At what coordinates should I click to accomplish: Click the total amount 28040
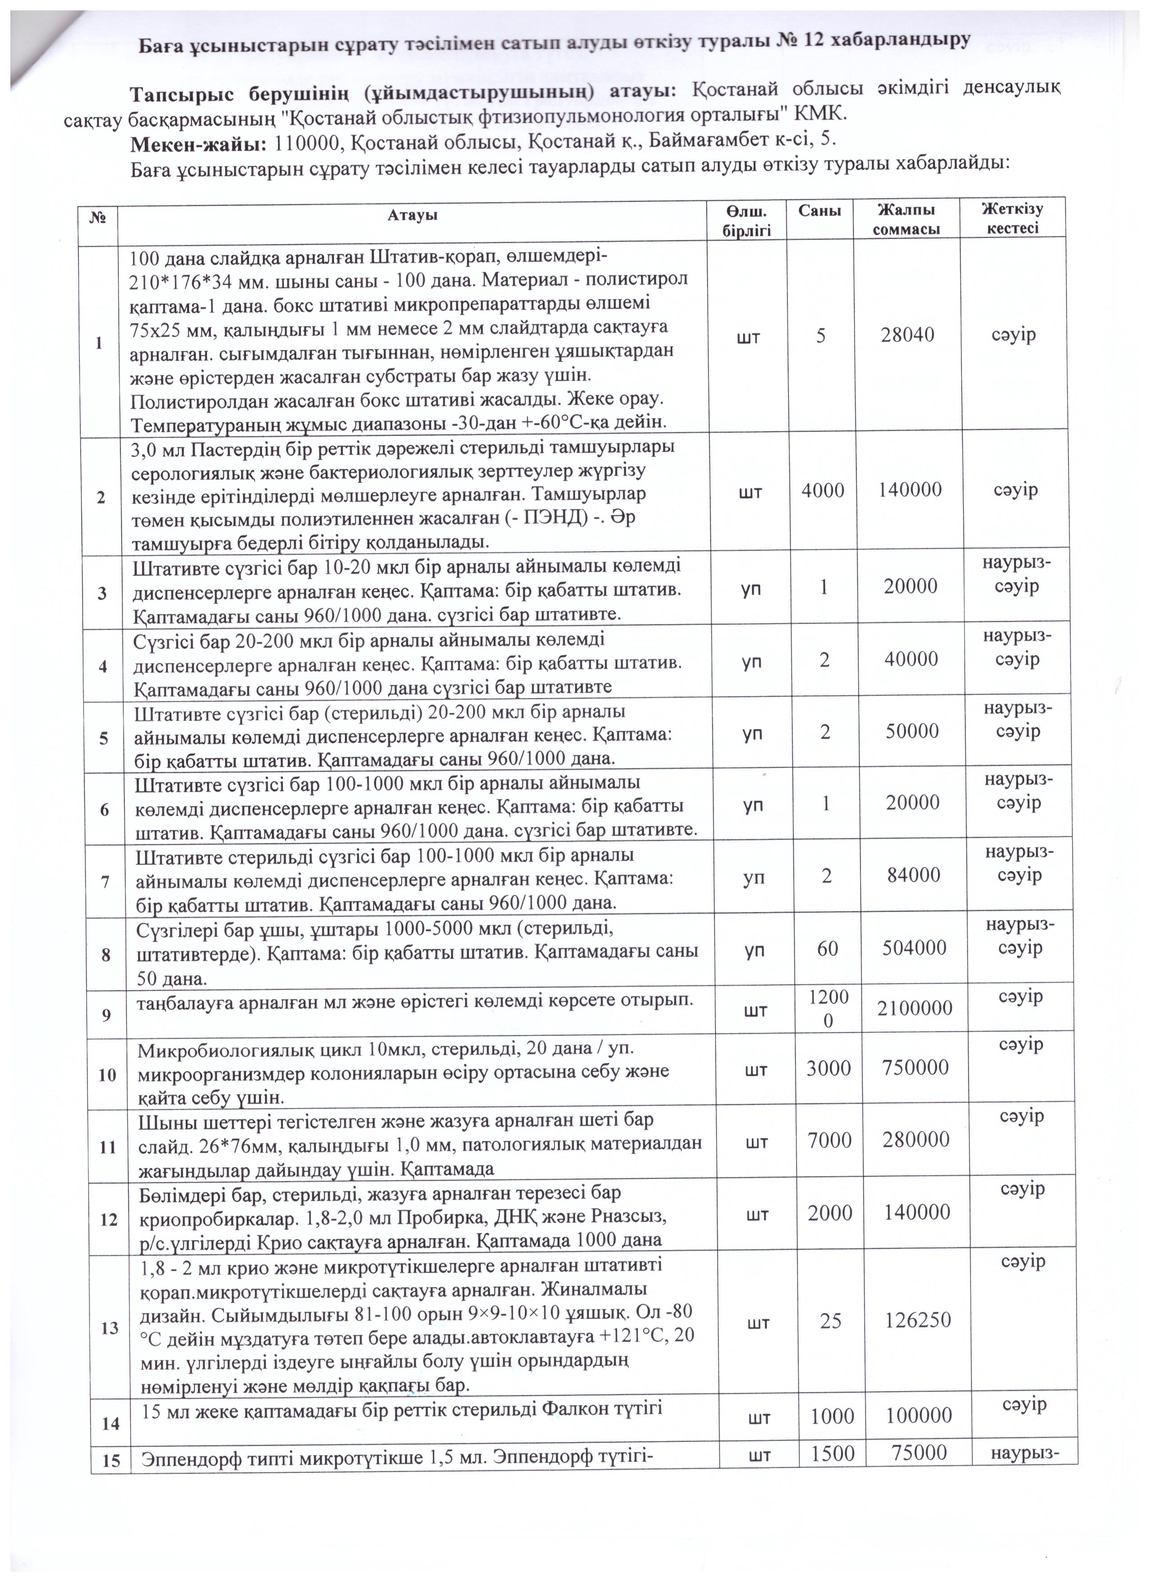coord(907,335)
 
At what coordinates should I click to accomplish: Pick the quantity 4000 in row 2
coord(823,489)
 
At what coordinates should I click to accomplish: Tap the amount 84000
coord(912,875)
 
